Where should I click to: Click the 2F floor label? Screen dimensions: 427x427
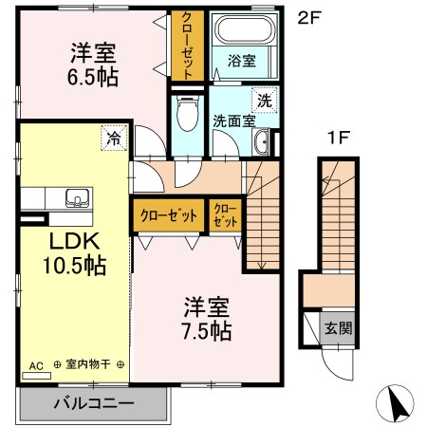click(x=308, y=16)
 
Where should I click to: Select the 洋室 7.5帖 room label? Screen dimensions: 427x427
click(x=207, y=319)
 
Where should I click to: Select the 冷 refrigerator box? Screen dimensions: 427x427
click(x=114, y=139)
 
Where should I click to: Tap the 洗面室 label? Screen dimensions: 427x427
click(x=232, y=121)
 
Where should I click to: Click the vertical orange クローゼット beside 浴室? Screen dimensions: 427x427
click(x=185, y=46)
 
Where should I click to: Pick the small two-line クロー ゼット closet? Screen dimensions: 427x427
click(x=225, y=215)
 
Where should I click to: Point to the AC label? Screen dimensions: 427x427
click(x=37, y=364)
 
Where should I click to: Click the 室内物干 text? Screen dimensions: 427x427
click(x=89, y=364)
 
